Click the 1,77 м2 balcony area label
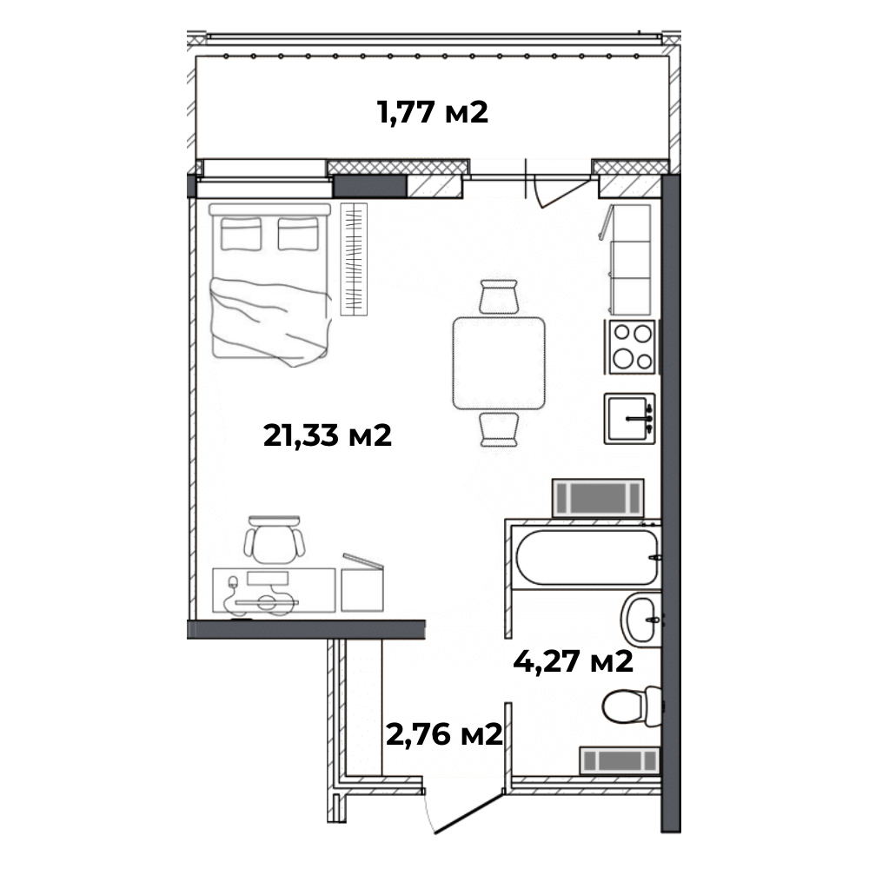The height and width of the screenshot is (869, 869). [432, 112]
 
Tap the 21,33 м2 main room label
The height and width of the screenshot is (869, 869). [328, 435]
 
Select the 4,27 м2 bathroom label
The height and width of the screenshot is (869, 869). [573, 661]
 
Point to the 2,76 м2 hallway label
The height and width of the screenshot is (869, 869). [444, 735]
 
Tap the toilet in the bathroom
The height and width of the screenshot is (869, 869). [632, 706]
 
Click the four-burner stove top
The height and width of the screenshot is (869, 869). [632, 347]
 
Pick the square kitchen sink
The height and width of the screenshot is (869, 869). [629, 419]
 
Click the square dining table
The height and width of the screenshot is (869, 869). [499, 363]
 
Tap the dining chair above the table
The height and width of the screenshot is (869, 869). [499, 296]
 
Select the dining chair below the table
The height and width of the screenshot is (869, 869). [500, 429]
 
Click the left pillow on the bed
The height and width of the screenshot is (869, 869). [241, 234]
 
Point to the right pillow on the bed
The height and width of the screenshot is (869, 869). [298, 234]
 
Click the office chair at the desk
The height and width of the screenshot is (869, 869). [275, 540]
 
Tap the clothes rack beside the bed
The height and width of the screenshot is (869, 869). [354, 259]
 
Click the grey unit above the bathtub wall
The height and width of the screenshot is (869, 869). [598, 498]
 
